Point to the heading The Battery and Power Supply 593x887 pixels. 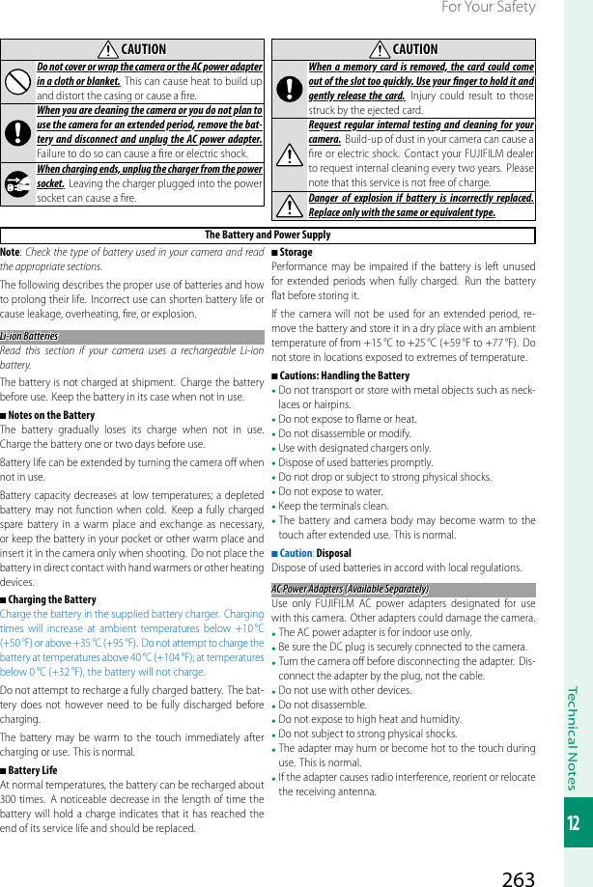click(x=268, y=235)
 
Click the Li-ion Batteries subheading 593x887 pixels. click(x=29, y=336)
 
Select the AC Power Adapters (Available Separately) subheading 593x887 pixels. click(x=350, y=589)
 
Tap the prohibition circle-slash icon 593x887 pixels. click(x=17, y=82)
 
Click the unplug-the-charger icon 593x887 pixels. click(x=17, y=182)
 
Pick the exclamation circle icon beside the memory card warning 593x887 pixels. click(x=289, y=88)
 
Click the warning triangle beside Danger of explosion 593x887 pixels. click(x=289, y=206)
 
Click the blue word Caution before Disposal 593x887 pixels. click(x=296, y=553)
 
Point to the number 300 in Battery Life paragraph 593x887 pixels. click(x=11, y=799)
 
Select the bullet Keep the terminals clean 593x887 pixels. click(x=333, y=506)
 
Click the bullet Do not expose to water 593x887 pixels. click(x=330, y=491)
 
